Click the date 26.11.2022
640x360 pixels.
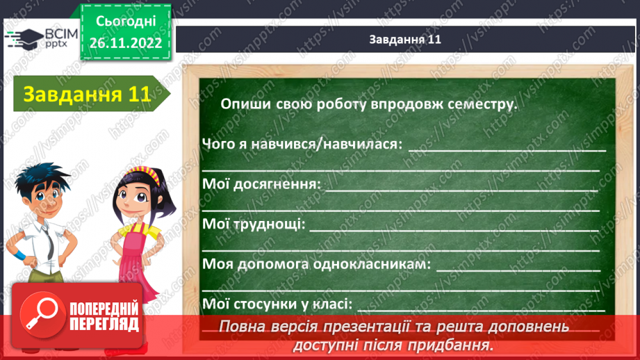[125, 42]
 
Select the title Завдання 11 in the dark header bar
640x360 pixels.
[405, 40]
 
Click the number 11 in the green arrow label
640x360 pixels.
[139, 95]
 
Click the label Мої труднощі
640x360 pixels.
[253, 224]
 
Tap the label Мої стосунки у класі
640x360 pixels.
[277, 304]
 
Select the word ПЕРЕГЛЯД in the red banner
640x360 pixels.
[104, 325]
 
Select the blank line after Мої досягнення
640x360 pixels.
[461, 188]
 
